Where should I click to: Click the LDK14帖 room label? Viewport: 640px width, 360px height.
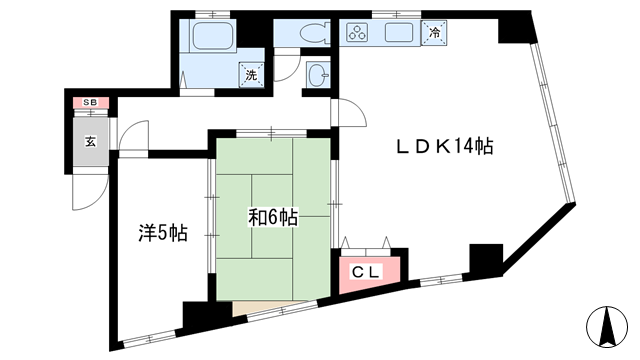tap(445, 146)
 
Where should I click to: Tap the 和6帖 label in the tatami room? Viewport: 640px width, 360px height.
tap(273, 217)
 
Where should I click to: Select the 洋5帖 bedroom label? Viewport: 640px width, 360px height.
tap(163, 233)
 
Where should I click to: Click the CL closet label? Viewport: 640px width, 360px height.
tap(366, 272)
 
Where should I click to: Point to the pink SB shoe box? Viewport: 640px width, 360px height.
tap(91, 102)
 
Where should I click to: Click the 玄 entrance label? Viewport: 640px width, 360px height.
tap(91, 142)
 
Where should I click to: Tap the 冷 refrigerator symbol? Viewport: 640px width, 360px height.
tap(435, 32)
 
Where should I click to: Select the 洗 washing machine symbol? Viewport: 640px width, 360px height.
tap(251, 75)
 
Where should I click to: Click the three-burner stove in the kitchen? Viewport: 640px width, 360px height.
tap(358, 32)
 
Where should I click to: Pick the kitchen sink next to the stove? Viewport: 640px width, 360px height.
tap(399, 32)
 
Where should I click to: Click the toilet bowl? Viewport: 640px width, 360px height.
tap(314, 33)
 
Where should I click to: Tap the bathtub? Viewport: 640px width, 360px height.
tap(213, 36)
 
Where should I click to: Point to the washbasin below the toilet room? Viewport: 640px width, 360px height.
tap(318, 75)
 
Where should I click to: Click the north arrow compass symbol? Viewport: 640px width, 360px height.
tap(607, 326)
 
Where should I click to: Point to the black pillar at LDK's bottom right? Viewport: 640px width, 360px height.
tap(486, 259)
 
